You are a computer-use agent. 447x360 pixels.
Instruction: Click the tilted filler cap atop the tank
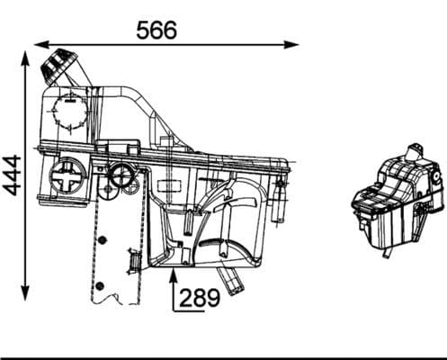point(62,67)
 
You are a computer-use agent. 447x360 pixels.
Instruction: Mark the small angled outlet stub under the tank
point(236,281)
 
